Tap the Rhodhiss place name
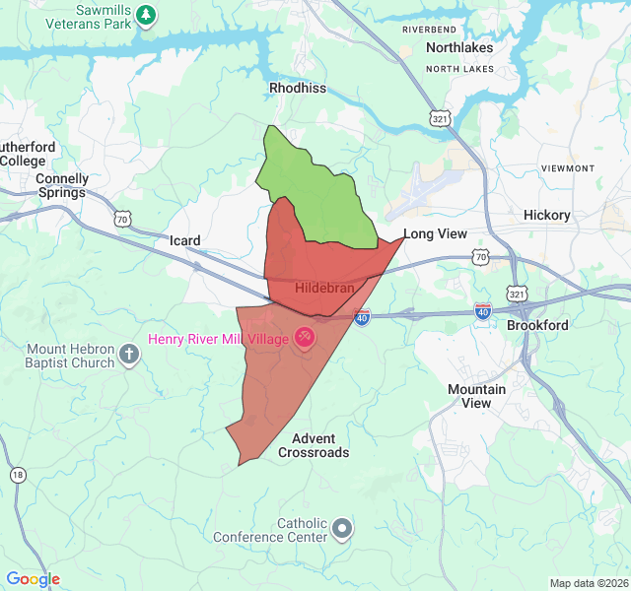tap(298, 88)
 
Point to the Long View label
tap(435, 233)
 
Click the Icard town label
tap(184, 240)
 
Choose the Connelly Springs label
tap(61, 185)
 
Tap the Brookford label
tap(537, 325)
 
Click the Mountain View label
tap(476, 396)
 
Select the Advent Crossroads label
tap(314, 445)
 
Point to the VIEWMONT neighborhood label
tap(569, 168)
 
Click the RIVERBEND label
tap(430, 30)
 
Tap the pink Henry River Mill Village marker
tap(304, 338)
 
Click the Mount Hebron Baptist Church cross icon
tap(129, 355)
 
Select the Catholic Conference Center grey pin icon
tap(342, 529)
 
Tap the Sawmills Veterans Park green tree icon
tap(146, 14)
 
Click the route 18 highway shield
tap(18, 476)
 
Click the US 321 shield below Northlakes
tap(438, 117)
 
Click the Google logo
tap(33, 579)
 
